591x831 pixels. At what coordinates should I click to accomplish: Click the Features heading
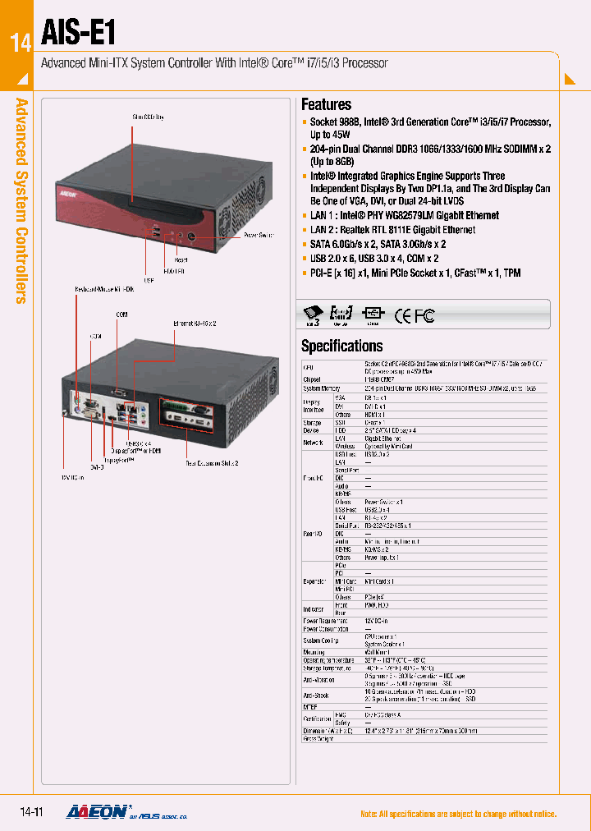(326, 104)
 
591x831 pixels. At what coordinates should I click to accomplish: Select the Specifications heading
(341, 346)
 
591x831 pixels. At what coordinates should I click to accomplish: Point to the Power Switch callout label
(260, 236)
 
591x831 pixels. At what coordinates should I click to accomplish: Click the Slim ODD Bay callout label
(148, 117)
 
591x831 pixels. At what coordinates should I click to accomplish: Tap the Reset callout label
(181, 259)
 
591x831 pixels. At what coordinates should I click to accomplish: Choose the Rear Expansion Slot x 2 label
(212, 463)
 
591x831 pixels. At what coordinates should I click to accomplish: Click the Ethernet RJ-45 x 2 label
(195, 324)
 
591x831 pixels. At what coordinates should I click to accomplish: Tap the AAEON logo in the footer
(96, 811)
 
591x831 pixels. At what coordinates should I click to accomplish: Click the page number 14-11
(31, 812)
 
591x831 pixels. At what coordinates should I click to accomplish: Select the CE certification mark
(404, 315)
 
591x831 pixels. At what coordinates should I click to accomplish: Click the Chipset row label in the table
(312, 379)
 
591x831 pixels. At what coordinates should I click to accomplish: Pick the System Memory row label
(321, 388)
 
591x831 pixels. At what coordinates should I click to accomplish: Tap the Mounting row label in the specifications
(314, 652)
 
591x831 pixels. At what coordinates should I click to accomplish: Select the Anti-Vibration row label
(318, 680)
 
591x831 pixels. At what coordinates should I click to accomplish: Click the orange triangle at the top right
(570, 80)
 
